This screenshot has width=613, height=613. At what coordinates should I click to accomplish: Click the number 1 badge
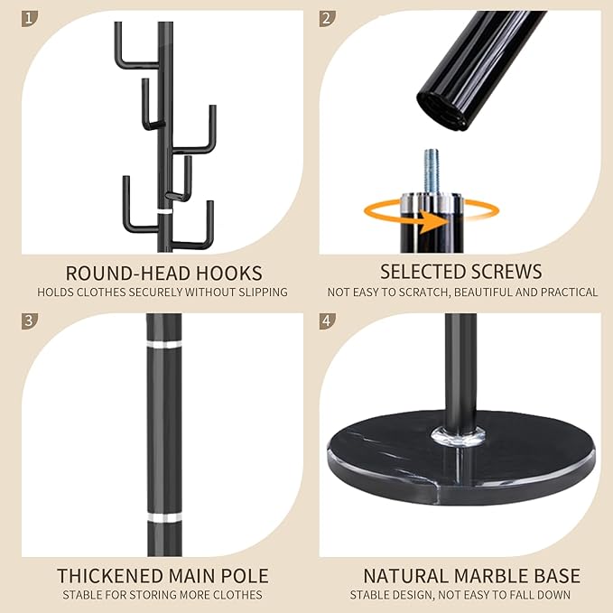[32, 18]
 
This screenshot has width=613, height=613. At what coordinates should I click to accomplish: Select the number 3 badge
[32, 321]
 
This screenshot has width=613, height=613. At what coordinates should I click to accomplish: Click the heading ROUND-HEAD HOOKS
[163, 272]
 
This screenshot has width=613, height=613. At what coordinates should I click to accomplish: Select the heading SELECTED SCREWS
[460, 272]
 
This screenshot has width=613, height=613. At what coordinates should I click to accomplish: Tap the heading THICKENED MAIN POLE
[163, 575]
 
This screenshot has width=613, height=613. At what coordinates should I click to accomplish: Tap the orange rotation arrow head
[445, 220]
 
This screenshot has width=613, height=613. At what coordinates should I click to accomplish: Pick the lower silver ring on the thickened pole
[163, 518]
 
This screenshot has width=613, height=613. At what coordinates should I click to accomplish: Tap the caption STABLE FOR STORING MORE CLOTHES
[163, 595]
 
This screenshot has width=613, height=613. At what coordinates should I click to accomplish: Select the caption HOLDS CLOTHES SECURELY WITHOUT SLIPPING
[163, 292]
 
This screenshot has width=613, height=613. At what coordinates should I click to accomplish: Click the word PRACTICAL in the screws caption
[567, 292]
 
